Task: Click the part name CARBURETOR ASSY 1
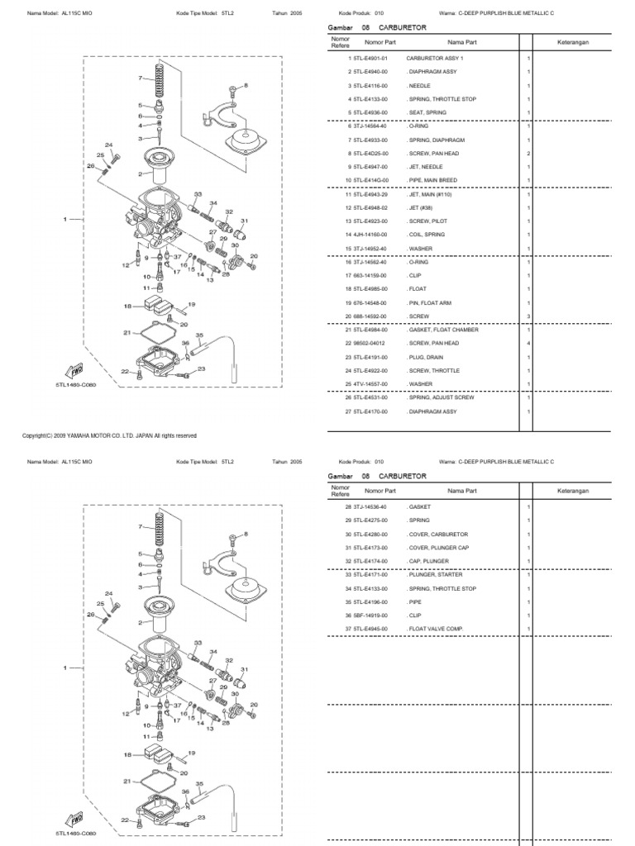click(x=436, y=59)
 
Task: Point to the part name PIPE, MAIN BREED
click(x=432, y=180)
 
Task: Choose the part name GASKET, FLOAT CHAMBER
click(x=442, y=330)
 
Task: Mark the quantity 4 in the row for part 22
click(x=528, y=343)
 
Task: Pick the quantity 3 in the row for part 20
click(x=528, y=316)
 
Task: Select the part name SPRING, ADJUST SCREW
click(x=442, y=397)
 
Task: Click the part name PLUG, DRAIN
click(x=427, y=357)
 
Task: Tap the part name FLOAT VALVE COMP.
click(x=434, y=629)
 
